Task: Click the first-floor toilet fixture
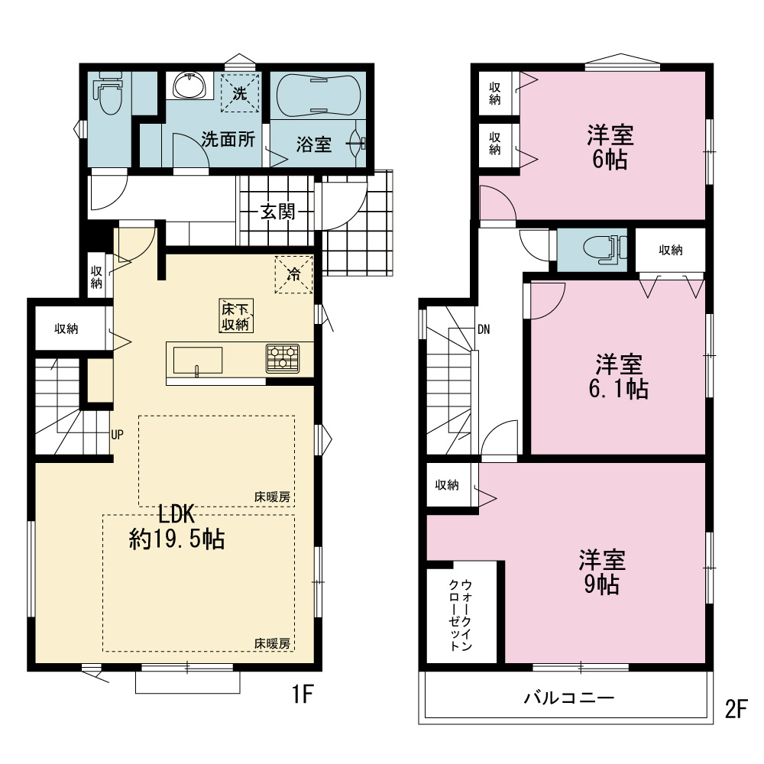(x=109, y=93)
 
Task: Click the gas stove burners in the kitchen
(x=283, y=358)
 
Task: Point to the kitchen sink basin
(x=197, y=361)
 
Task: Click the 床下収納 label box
(x=236, y=316)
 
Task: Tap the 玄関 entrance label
(x=278, y=212)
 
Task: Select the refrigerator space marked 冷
(x=294, y=275)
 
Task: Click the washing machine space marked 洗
(x=239, y=92)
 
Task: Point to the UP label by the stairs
(x=118, y=435)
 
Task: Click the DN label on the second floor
(x=484, y=330)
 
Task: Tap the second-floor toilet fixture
(x=604, y=249)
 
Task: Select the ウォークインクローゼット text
(x=461, y=615)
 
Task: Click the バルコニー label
(x=569, y=698)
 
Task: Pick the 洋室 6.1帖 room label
(x=619, y=377)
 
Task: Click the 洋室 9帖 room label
(x=602, y=572)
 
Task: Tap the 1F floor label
(x=302, y=694)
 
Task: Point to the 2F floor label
(x=736, y=709)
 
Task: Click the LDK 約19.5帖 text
(x=177, y=526)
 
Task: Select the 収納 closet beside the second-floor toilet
(x=671, y=250)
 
